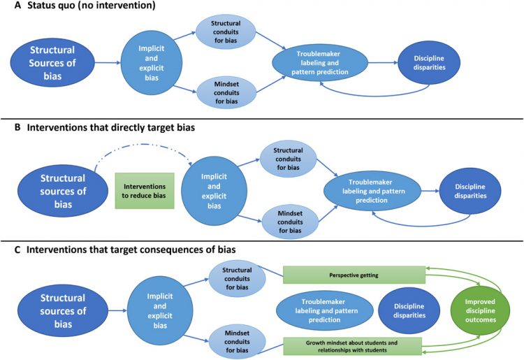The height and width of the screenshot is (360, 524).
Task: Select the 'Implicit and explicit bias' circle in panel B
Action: click(213, 189)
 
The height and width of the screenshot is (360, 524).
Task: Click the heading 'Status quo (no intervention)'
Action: click(90, 6)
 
